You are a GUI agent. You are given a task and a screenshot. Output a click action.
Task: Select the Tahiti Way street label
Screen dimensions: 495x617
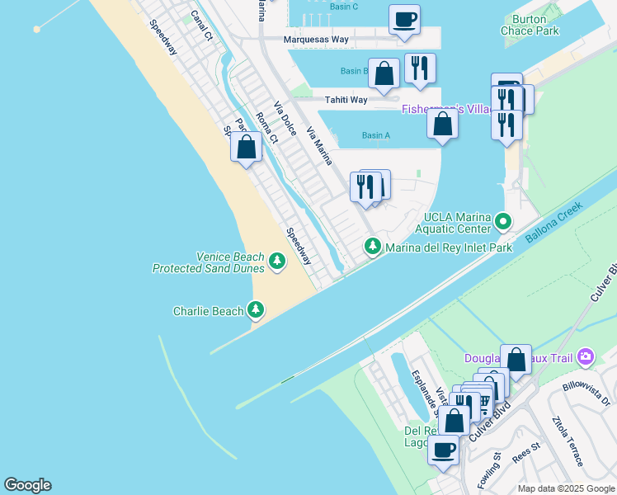click(x=346, y=100)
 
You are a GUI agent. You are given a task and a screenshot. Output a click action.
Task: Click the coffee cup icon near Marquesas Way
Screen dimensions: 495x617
click(x=404, y=20)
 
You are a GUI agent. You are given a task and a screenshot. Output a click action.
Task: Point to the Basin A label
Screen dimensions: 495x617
click(x=375, y=135)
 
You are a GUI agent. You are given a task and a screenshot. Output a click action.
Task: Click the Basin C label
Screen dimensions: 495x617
click(x=343, y=7)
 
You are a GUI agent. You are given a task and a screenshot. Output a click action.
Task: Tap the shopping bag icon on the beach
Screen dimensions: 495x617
click(x=246, y=148)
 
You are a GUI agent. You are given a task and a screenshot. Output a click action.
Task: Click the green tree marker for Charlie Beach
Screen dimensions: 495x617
click(x=257, y=310)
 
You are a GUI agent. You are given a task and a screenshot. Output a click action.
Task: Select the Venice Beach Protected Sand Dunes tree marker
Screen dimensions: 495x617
click(x=277, y=262)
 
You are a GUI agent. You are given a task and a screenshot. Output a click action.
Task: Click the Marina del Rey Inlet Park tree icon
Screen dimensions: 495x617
click(x=373, y=247)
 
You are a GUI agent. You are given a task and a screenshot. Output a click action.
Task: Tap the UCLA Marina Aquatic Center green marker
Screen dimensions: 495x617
click(x=503, y=222)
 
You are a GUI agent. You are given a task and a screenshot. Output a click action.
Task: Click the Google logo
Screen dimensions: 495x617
click(x=27, y=485)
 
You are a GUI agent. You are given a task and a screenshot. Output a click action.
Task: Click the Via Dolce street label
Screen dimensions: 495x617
click(x=285, y=120)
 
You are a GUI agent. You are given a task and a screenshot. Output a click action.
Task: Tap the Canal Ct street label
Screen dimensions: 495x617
click(x=201, y=26)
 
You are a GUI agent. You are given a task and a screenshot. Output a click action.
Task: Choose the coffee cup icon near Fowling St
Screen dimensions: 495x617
click(x=443, y=450)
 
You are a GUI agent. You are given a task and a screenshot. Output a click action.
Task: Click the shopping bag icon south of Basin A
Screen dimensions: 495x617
click(x=443, y=124)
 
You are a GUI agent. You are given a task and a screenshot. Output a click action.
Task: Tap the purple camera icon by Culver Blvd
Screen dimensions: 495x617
click(x=586, y=356)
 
